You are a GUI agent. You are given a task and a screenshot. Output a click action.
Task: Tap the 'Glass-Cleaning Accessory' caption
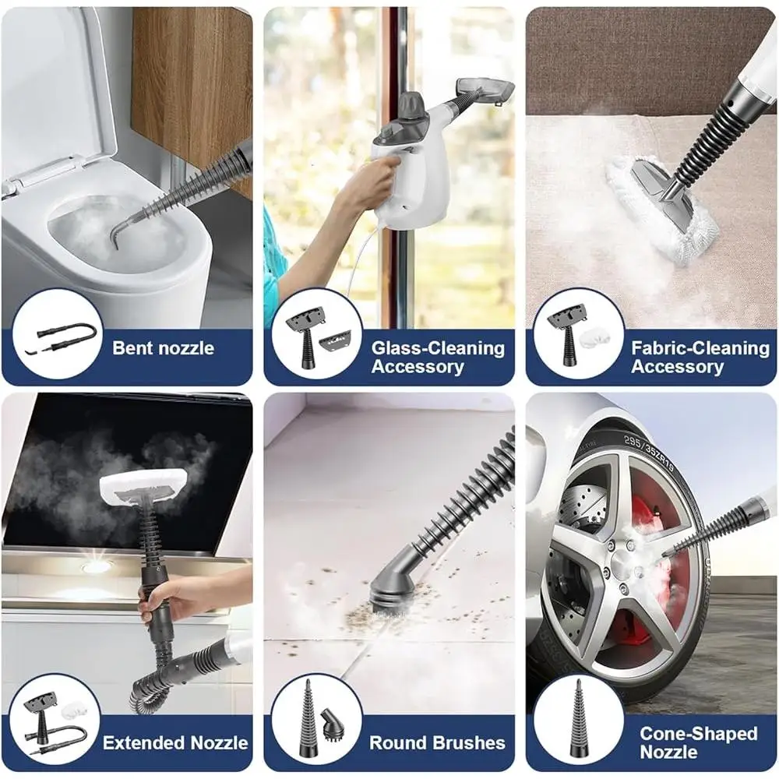point(437,357)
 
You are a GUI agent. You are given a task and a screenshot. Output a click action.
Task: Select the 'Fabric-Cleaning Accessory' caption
point(700,357)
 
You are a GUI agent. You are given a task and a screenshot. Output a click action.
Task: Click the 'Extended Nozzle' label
point(175,742)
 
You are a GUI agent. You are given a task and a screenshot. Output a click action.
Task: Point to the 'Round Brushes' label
point(436,742)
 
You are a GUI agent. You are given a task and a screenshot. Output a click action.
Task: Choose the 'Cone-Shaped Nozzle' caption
point(698,742)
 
